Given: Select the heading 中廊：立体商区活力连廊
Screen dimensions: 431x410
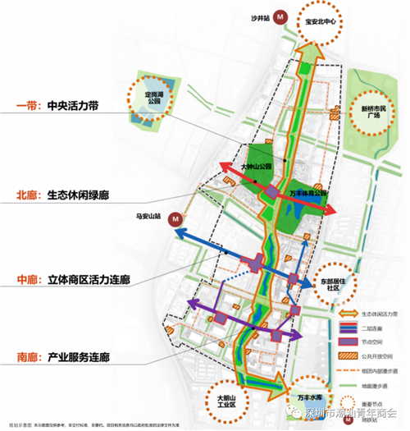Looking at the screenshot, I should click(x=72, y=279).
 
